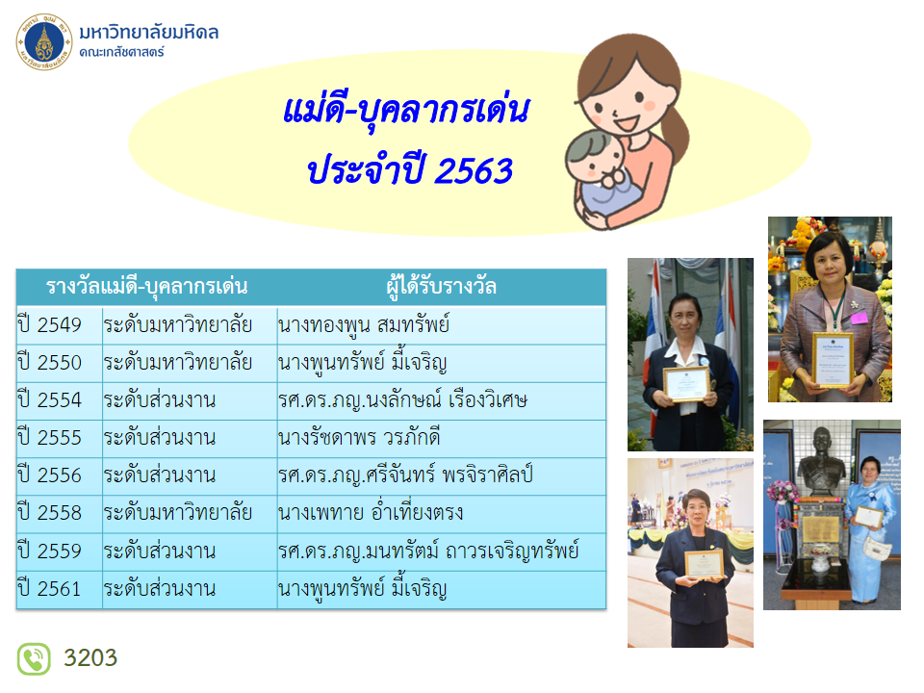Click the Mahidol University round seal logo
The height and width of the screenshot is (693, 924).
(44, 41)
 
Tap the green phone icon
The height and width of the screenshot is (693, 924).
(34, 658)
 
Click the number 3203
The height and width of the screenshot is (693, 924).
(90, 657)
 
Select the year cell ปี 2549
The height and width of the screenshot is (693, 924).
(49, 324)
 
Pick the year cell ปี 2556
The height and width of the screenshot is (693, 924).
(49, 475)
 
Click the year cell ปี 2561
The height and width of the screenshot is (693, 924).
(49, 589)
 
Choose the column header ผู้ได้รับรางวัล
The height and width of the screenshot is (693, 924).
(442, 287)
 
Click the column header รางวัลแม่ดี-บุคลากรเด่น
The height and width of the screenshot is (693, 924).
(146, 287)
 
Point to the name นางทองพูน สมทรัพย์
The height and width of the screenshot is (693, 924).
(364, 324)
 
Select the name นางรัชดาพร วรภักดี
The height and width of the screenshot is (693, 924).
(359, 438)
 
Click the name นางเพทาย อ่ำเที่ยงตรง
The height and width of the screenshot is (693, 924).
(371, 512)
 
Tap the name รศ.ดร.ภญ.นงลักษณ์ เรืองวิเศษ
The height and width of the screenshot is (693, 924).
(403, 400)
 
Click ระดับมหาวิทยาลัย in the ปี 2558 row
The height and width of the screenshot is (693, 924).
(178, 513)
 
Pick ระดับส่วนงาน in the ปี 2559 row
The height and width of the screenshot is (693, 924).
(160, 551)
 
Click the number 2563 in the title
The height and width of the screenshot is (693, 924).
(475, 171)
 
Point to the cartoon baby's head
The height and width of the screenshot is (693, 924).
(595, 157)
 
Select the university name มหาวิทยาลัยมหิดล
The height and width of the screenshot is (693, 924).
(149, 32)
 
